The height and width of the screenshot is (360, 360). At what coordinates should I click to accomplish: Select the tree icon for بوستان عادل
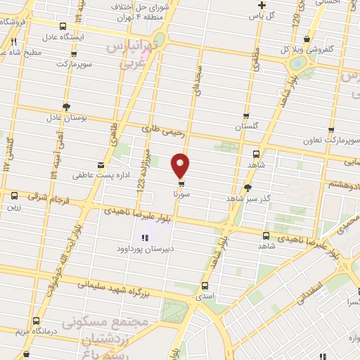coord(65,107)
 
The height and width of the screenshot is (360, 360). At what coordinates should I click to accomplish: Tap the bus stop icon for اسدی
coord(205,286)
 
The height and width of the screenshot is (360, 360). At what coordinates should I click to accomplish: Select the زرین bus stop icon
coord(13,196)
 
